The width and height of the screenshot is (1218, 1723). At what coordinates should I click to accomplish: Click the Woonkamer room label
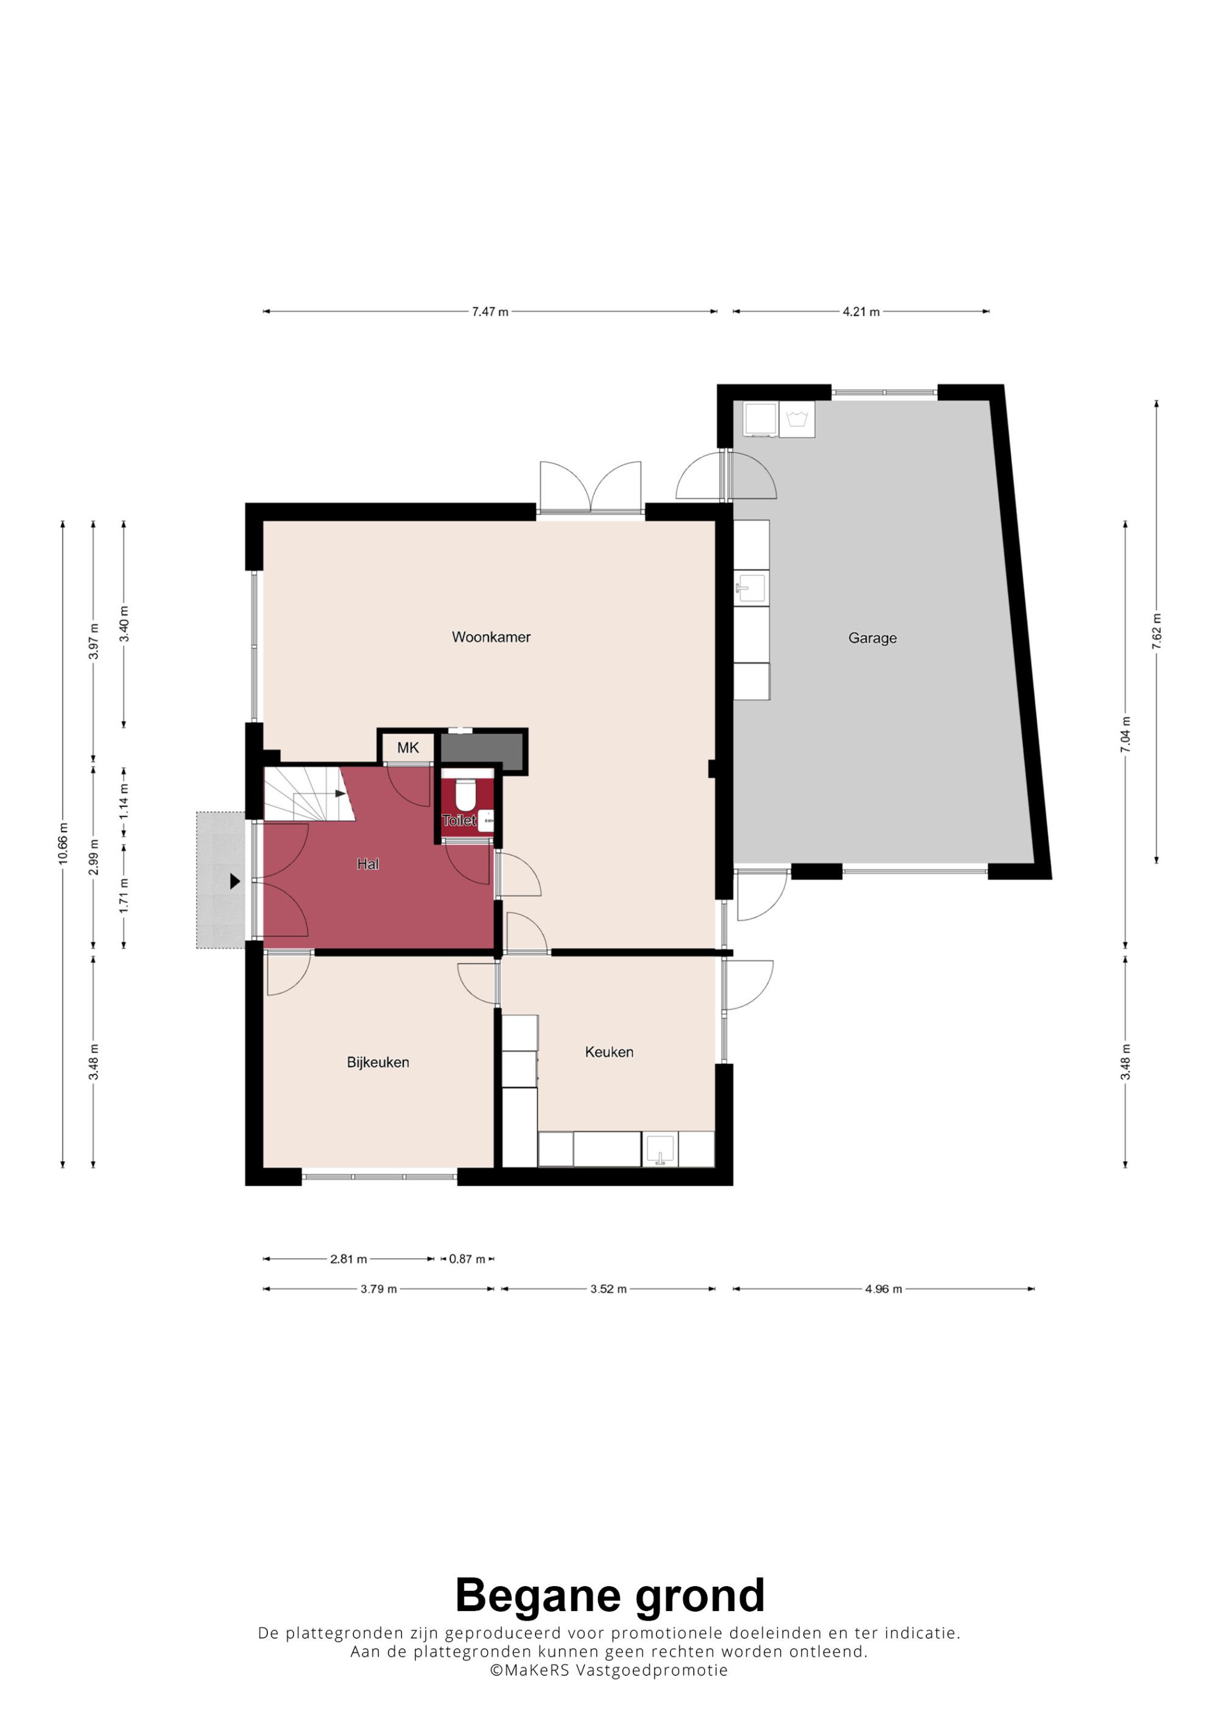(491, 637)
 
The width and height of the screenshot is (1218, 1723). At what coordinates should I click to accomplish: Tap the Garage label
(872, 638)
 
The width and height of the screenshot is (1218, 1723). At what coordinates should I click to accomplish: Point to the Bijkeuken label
(378, 1062)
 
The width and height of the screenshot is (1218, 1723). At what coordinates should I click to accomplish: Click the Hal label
(368, 865)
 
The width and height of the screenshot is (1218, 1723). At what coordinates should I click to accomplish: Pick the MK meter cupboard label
(407, 748)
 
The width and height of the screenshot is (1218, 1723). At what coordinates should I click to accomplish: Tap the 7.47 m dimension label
(490, 312)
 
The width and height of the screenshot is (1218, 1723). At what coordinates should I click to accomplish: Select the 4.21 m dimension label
(861, 312)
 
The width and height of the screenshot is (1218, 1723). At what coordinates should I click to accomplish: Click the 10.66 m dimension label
(63, 843)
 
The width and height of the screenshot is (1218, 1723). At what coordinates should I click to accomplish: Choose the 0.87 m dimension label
(466, 1259)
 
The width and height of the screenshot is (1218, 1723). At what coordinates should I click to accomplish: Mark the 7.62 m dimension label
(1156, 631)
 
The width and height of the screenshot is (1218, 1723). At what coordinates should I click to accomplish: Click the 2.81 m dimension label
(348, 1259)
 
